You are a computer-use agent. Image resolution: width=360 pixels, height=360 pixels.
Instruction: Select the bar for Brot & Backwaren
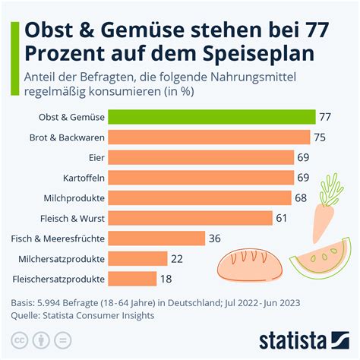[209, 137]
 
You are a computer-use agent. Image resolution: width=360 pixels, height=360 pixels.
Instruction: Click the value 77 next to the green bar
[327, 117]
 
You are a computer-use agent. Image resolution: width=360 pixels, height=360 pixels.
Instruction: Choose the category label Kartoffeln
[84, 178]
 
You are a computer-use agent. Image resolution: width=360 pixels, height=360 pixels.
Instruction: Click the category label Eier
[96, 157]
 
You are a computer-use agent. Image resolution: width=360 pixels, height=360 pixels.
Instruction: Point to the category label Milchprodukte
[76, 198]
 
